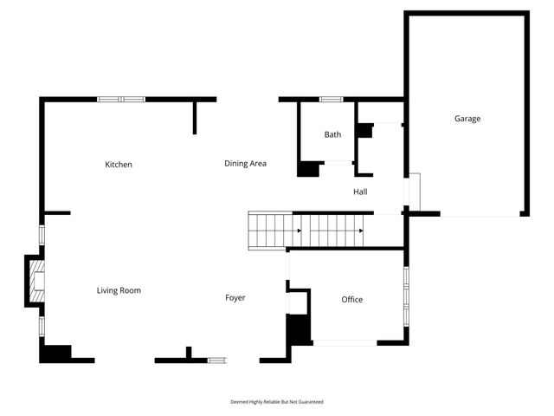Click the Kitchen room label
pos(119,165)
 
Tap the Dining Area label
pos(245,164)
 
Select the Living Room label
pos(119,291)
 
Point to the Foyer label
pos(235,298)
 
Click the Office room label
pos(351,300)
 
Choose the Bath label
pos(333,135)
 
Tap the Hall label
pos(361,192)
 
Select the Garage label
pos(467,119)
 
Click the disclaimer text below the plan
pos(277,402)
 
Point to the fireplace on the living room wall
pos(35,281)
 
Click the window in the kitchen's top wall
pos(121,100)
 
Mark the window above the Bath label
pos(332,100)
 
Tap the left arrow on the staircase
pos(300,231)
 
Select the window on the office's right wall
pos(406,295)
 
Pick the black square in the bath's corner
pos(307,169)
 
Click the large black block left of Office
pos(298,329)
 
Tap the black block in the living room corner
pos(56,353)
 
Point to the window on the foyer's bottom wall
pos(216,360)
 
